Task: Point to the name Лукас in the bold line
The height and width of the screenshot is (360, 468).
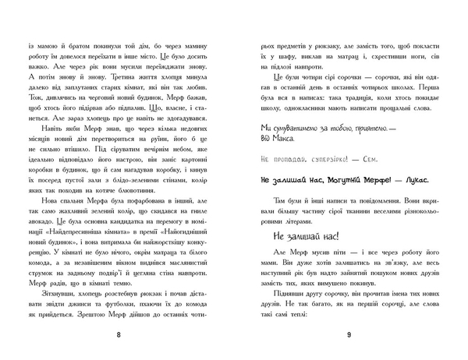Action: [x=395, y=200]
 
